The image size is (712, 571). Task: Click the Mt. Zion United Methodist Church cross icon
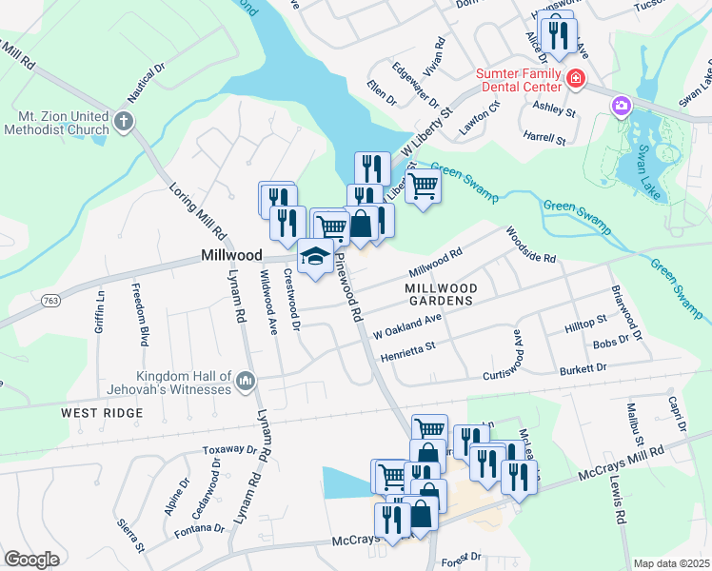(x=124, y=121)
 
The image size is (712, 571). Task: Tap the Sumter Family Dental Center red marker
(x=575, y=79)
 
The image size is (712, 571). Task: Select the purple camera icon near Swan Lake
(x=622, y=105)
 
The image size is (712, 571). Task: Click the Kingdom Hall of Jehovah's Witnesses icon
(x=245, y=382)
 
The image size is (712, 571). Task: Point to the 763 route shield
(x=51, y=301)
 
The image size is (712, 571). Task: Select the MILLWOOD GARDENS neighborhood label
(x=439, y=294)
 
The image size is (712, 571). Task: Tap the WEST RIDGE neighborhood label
(x=102, y=413)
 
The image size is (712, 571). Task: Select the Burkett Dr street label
(x=583, y=367)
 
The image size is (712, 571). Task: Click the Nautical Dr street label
(x=147, y=82)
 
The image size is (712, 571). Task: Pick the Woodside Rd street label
(x=530, y=245)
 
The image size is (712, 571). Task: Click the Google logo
(x=31, y=559)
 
